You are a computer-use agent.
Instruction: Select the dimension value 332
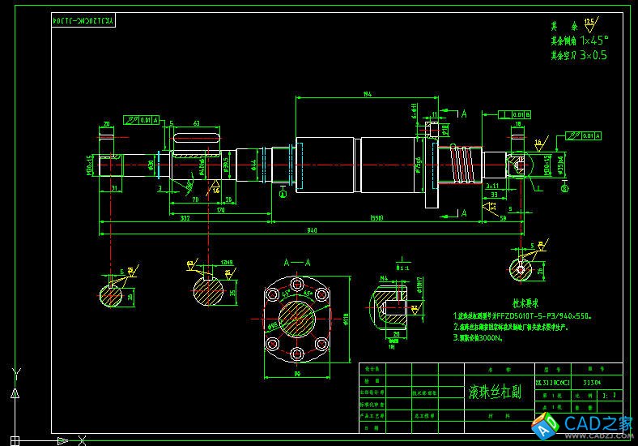tap(185, 217)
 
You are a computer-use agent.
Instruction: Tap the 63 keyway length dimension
tap(195, 123)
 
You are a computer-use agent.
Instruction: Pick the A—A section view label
tap(296, 263)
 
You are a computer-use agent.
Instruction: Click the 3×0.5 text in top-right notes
tap(593, 55)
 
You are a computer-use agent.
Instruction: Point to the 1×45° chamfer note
tap(593, 40)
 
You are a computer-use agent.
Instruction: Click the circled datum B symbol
tap(283, 194)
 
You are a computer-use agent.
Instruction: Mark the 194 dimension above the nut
tap(368, 96)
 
